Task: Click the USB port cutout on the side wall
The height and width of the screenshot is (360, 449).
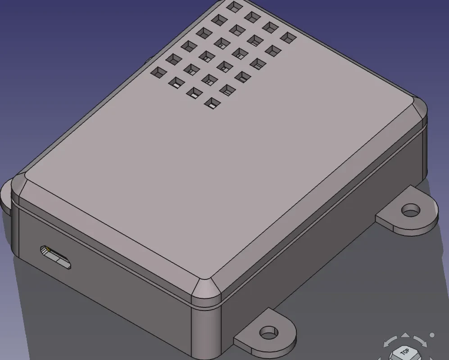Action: coord(55,257)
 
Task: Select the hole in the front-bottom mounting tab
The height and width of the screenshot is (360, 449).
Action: coord(268,333)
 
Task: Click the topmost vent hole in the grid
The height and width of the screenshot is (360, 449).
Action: coord(235,7)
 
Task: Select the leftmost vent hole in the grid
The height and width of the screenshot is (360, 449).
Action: coord(159,72)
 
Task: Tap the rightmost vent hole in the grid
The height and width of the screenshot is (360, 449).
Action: coord(288,37)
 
